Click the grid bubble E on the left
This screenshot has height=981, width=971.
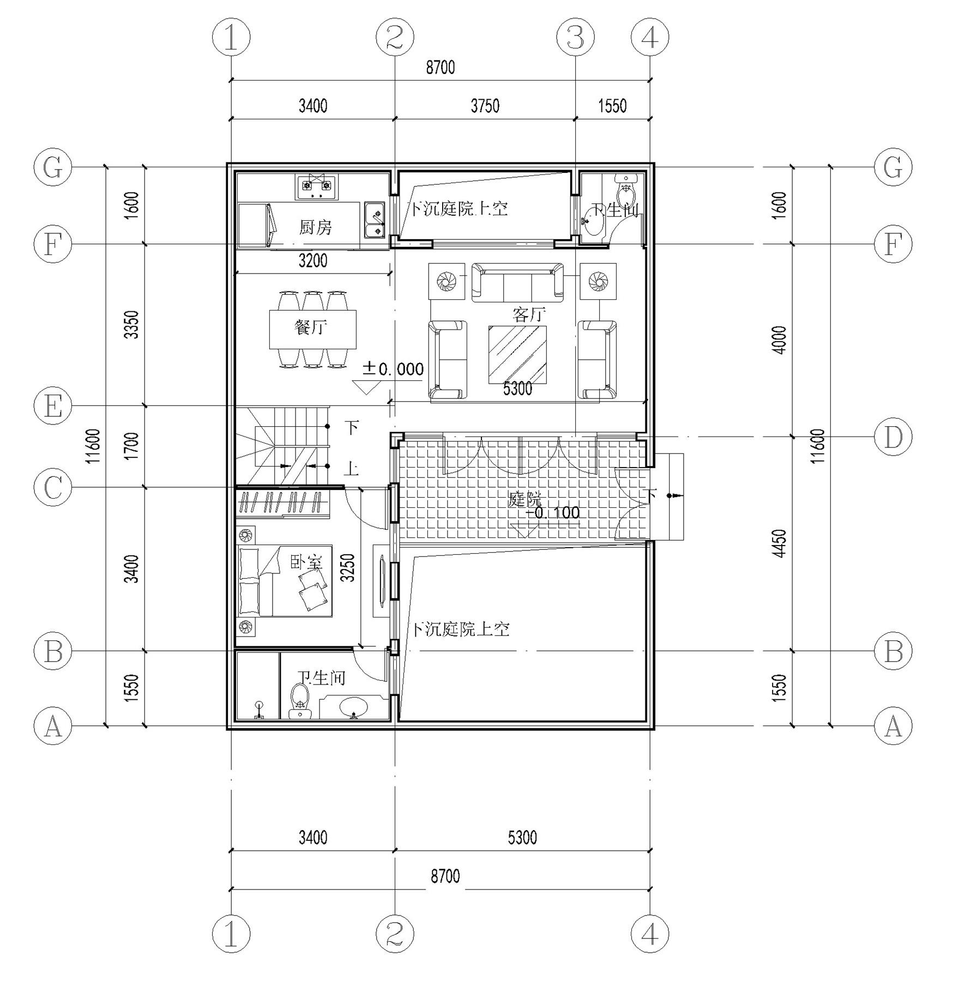[52, 406]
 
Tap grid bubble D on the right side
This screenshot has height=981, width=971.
[893, 437]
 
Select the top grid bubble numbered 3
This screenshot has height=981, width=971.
[575, 38]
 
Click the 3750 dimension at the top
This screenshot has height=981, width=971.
[485, 106]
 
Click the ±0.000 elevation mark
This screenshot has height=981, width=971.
[393, 370]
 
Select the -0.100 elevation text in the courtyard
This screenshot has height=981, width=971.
[553, 513]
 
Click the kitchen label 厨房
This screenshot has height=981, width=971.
[315, 227]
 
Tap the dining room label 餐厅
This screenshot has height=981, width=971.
[311, 328]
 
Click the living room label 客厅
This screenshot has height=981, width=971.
[529, 314]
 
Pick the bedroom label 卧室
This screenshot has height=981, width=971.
[306, 562]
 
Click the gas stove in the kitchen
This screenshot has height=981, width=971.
[317, 187]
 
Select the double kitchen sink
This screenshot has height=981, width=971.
[375, 220]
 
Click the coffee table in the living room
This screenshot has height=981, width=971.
[517, 355]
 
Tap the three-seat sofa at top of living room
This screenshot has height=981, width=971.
[517, 282]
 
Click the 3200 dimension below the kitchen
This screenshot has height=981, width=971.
[313, 261]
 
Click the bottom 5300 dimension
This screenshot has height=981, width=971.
[522, 837]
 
